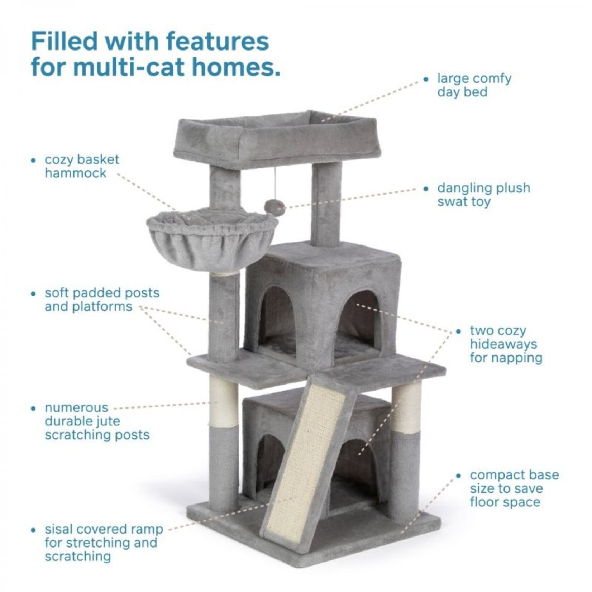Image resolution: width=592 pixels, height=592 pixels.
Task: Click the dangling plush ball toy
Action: tap(274, 208)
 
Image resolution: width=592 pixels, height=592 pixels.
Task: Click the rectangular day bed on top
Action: tap(276, 140)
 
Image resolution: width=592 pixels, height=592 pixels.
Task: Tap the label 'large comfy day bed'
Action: tap(474, 85)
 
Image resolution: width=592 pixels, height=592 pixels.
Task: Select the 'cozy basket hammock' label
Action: tap(82, 166)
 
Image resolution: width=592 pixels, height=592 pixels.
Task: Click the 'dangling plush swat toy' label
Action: tap(483, 195)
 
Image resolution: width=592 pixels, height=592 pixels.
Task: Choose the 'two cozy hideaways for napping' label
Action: tap(505, 344)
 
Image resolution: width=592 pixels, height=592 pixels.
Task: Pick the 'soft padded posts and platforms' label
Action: tap(102, 300)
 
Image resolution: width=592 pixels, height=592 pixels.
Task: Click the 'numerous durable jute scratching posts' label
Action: tap(97, 421)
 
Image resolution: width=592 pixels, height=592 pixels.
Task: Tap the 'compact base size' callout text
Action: tap(514, 488)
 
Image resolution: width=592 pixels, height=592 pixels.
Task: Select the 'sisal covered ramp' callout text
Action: tap(103, 543)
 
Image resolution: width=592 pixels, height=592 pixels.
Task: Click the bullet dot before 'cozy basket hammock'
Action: tap(34, 160)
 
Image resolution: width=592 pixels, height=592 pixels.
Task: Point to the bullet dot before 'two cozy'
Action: tap(458, 331)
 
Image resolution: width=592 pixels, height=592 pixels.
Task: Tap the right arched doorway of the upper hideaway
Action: tap(358, 323)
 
